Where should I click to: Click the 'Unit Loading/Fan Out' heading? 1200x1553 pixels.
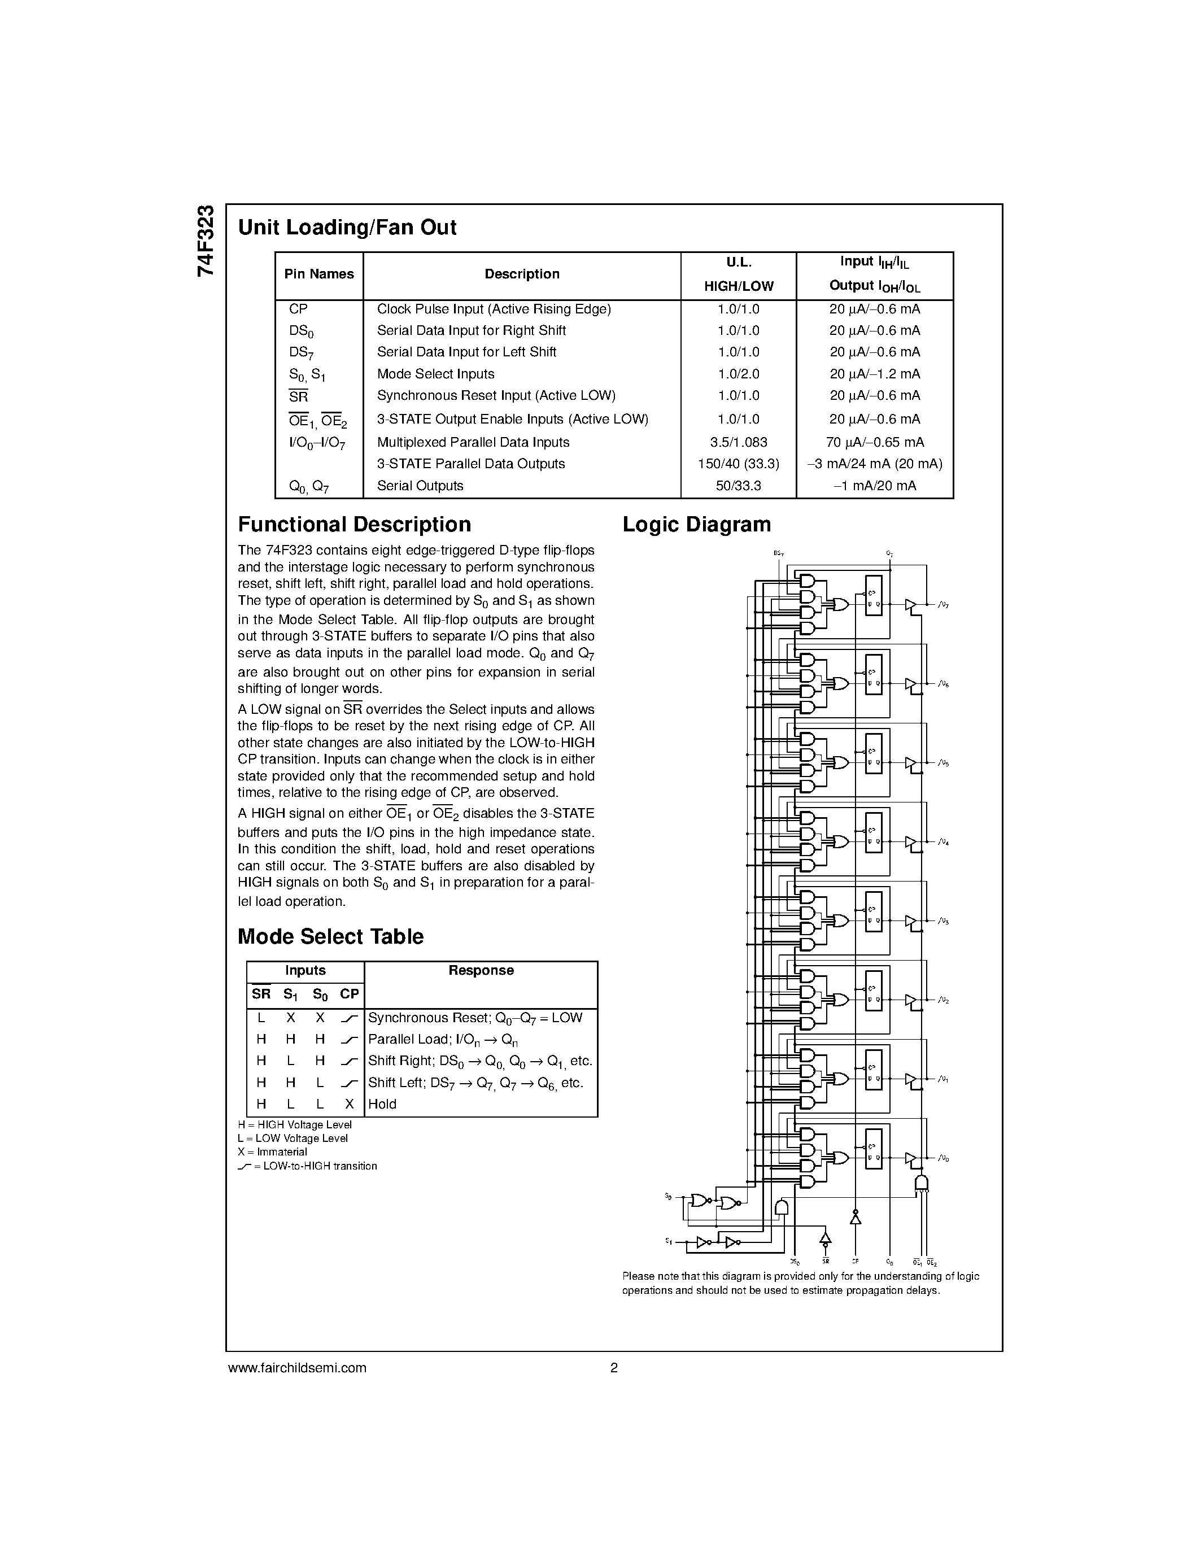(x=347, y=228)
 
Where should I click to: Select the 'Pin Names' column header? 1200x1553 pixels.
(x=318, y=274)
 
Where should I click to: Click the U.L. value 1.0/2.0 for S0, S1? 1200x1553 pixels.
(x=738, y=374)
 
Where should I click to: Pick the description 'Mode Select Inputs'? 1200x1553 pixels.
(x=435, y=374)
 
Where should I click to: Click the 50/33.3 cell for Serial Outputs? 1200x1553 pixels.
(x=738, y=486)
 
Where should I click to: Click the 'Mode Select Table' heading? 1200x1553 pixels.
(x=330, y=936)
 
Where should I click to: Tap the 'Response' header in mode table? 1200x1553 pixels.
(x=481, y=971)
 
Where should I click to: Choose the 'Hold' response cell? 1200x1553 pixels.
(x=382, y=1104)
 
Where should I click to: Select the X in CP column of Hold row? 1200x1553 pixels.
(x=349, y=1104)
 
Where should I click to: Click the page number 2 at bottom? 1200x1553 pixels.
(x=613, y=1367)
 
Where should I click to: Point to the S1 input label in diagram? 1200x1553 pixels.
(x=668, y=1241)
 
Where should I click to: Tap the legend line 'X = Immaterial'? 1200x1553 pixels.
(x=272, y=1152)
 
